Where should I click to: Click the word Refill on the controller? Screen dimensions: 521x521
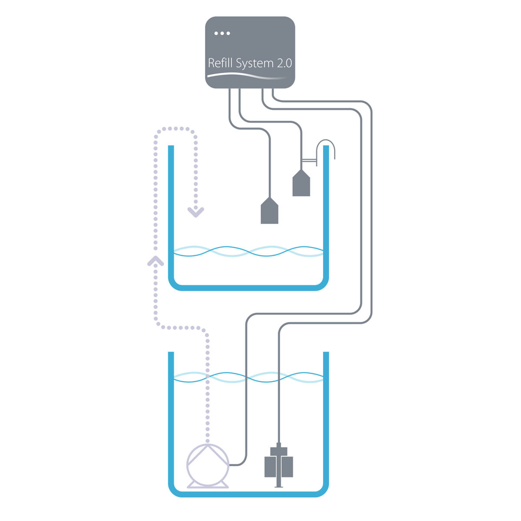[221, 63]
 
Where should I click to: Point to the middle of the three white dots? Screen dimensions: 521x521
[222, 33]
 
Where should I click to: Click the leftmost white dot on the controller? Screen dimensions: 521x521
[216, 33]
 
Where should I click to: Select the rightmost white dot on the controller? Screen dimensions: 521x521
[228, 33]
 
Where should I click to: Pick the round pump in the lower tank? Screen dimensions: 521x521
[208, 464]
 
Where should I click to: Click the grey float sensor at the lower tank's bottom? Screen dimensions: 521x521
[279, 465]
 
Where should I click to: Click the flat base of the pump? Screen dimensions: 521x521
[208, 486]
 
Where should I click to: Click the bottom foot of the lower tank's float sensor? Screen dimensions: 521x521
[279, 486]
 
